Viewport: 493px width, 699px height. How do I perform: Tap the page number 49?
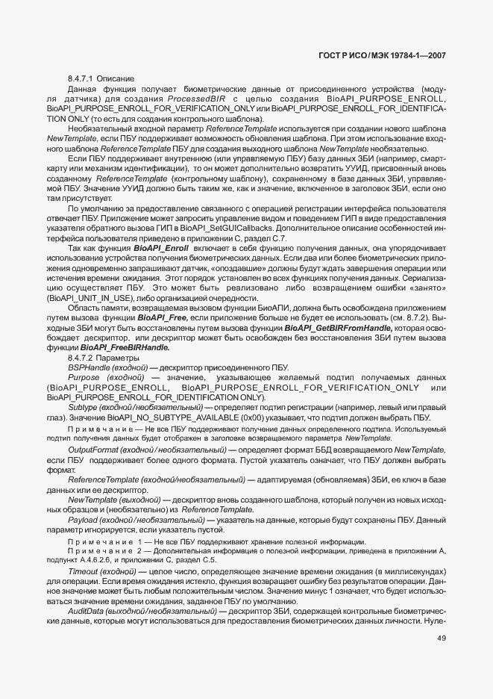point(442,638)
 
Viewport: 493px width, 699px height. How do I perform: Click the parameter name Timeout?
point(84,571)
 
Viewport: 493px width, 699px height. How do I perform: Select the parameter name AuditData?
point(87,611)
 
